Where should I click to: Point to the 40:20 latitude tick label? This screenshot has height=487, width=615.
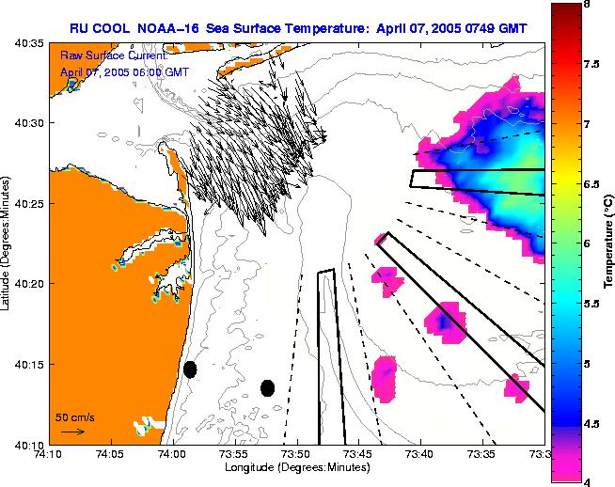pyautogui.click(x=28, y=284)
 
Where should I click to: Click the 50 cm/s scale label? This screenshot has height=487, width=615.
pyautogui.click(x=74, y=416)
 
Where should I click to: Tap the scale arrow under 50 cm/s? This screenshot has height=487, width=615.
pyautogui.click(x=72, y=432)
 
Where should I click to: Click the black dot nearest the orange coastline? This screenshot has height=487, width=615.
pyautogui.click(x=190, y=369)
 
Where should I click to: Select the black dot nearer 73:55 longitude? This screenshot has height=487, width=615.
pyautogui.click(x=267, y=387)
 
